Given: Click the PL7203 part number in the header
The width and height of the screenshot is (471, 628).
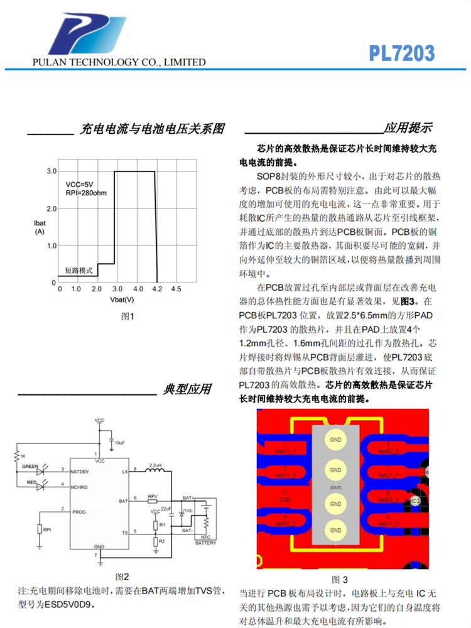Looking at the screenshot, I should [402, 53].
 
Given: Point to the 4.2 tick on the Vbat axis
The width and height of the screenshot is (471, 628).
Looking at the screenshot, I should [157, 288].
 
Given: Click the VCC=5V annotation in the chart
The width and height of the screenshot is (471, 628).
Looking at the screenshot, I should [79, 183].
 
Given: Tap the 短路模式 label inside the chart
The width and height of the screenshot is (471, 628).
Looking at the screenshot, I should [78, 271].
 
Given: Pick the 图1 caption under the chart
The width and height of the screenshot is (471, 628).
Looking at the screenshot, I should [127, 317].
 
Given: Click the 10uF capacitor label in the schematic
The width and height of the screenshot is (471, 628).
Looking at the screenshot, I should [118, 443].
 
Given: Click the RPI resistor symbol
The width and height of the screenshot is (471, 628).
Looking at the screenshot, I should [39, 529].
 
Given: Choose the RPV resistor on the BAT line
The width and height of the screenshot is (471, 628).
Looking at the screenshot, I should [153, 501].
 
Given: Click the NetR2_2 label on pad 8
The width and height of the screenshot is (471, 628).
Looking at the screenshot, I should [388, 451].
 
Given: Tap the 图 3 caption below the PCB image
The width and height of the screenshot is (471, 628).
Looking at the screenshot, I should [339, 578].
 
